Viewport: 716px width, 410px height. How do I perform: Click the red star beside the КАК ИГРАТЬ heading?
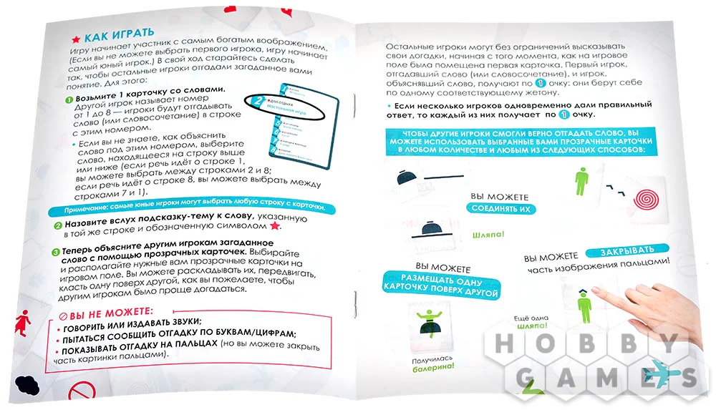pyautogui.click(x=74, y=36)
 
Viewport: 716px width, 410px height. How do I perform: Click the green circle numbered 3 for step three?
pyautogui.click(x=56, y=252)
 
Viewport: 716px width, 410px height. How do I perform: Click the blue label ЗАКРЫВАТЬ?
pyautogui.click(x=627, y=249)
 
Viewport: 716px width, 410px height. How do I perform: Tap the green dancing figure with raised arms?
pyautogui.click(x=430, y=317)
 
